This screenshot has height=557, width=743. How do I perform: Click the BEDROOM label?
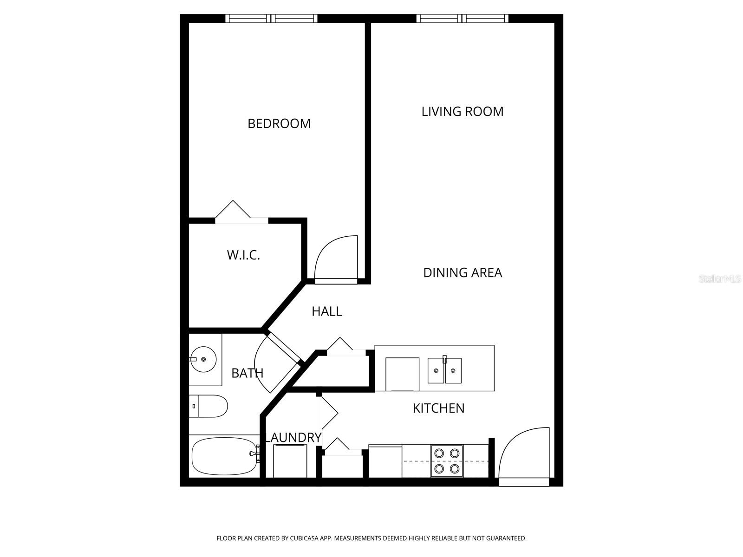click(279, 123)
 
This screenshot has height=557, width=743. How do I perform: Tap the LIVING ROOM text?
click(462, 111)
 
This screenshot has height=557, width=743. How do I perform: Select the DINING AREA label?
click(462, 272)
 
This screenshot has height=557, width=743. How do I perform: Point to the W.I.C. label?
click(243, 255)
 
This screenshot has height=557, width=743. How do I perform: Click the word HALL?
click(326, 311)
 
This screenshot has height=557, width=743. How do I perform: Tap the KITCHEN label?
click(438, 408)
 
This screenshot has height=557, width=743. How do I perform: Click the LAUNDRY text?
click(293, 437)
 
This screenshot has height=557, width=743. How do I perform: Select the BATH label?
click(247, 373)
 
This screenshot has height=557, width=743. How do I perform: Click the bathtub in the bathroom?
click(224, 456)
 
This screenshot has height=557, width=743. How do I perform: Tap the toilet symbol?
click(209, 406)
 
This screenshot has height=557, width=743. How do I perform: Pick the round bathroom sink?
click(203, 359)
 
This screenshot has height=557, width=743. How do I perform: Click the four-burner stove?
click(447, 461)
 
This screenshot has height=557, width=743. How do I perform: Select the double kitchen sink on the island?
click(444, 370)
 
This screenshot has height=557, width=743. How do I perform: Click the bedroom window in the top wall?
click(272, 19)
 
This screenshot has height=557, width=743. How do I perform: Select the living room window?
click(462, 19)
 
